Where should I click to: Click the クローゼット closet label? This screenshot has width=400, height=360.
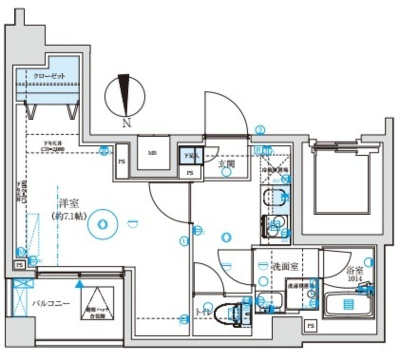49,75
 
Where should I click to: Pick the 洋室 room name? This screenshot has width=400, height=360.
69,204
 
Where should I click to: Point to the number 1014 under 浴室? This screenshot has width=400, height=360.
353,279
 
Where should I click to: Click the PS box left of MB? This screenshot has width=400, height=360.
121,161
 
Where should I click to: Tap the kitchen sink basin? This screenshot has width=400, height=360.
274,197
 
